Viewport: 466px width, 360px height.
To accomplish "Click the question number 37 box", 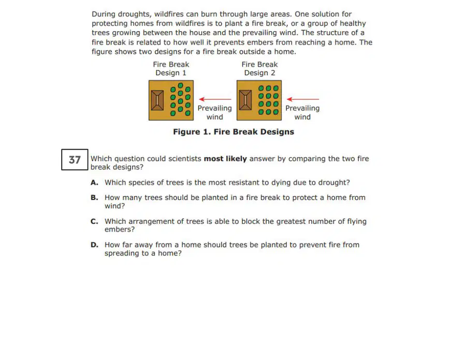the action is [x=75, y=160].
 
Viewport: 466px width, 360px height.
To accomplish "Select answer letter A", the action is [x=94, y=182].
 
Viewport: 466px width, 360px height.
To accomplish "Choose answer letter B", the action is [x=94, y=198].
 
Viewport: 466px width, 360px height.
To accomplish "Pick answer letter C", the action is [x=94, y=222].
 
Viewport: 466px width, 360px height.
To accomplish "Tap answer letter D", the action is [x=94, y=245].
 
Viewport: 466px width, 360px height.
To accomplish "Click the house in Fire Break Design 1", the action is [x=157, y=100].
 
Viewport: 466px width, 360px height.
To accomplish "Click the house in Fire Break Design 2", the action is [x=245, y=100].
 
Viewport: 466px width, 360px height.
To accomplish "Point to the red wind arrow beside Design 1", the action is [x=215, y=99].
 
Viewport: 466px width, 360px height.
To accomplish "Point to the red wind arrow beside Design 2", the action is [x=303, y=99].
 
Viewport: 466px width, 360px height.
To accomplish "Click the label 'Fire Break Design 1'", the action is [x=171, y=69].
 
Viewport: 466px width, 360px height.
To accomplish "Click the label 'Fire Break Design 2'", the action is [x=259, y=69].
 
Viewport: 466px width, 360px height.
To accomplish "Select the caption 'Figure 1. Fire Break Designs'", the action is [x=234, y=132].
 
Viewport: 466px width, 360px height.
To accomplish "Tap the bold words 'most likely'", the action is [x=225, y=159].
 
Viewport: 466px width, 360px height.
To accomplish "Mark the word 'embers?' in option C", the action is [x=120, y=229].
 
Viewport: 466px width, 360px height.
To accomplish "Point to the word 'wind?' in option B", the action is [x=115, y=206].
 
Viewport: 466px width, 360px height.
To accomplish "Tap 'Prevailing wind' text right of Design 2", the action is [x=302, y=112].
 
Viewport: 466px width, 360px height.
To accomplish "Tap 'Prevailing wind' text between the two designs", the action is [x=214, y=112].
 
